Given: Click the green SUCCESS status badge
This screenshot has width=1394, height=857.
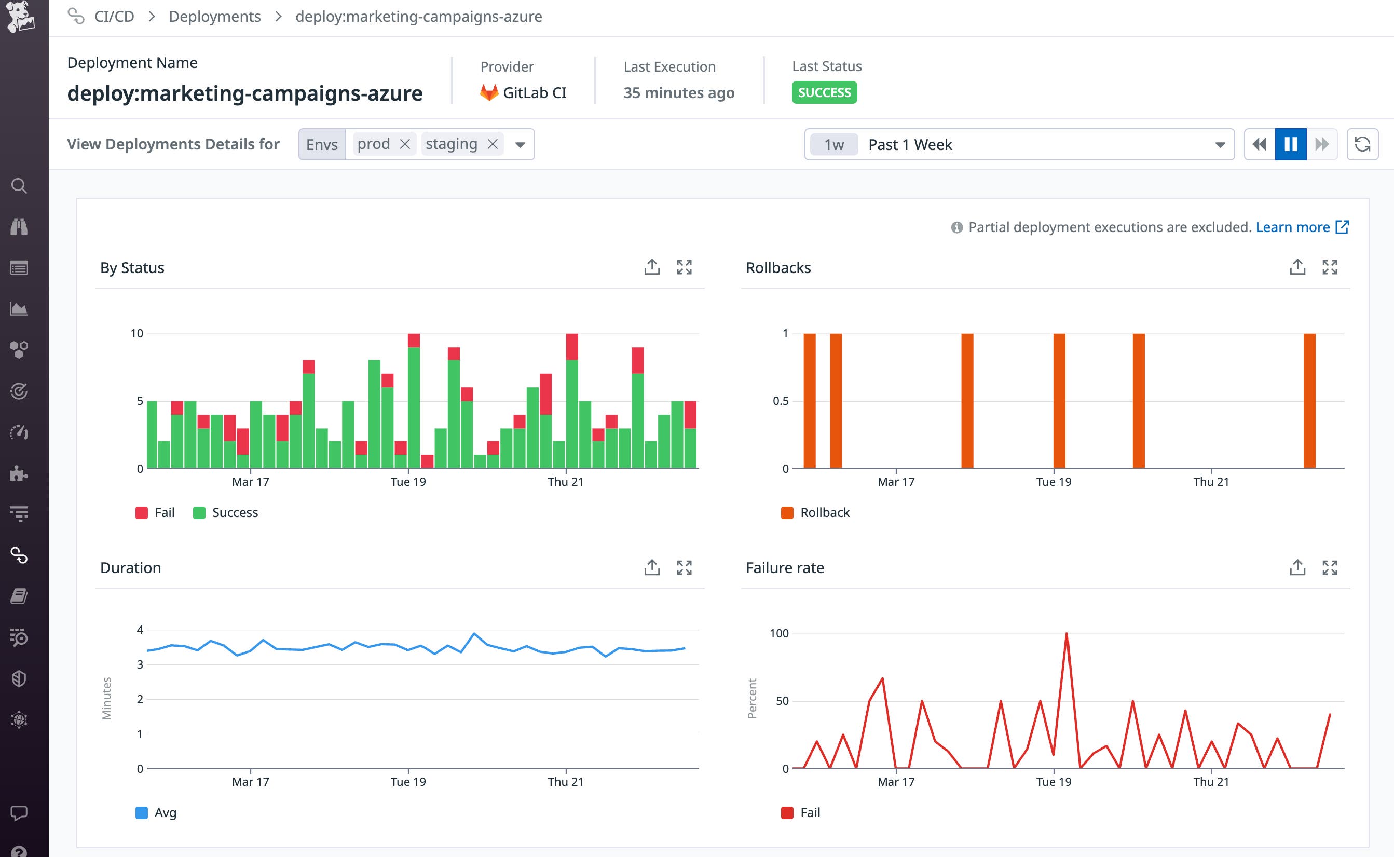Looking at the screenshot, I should pyautogui.click(x=824, y=92).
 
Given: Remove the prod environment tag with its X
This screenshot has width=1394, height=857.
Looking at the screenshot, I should pyautogui.click(x=405, y=144).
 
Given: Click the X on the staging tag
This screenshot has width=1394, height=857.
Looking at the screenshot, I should pyautogui.click(x=493, y=144).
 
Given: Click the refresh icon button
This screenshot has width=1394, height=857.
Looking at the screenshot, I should pyautogui.click(x=1362, y=144).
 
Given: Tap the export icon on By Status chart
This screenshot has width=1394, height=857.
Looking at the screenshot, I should pyautogui.click(x=652, y=267).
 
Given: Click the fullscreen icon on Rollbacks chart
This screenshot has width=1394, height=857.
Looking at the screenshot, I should pyautogui.click(x=1330, y=267).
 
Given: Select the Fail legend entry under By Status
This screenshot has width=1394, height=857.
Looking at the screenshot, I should pyautogui.click(x=155, y=512).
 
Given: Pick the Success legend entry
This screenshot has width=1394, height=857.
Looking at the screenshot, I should pyautogui.click(x=226, y=512).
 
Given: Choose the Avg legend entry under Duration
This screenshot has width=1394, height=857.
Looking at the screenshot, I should pyautogui.click(x=156, y=812).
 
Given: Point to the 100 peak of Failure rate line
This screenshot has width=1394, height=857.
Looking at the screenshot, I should pyautogui.click(x=1067, y=634).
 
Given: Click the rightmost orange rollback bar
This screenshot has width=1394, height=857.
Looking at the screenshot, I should pyautogui.click(x=1309, y=400).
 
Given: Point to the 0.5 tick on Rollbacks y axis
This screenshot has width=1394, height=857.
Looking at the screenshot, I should pyautogui.click(x=781, y=401).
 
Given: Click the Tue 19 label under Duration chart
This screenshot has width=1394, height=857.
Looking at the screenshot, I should pyautogui.click(x=408, y=782).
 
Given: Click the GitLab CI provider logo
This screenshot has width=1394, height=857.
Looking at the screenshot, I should pyautogui.click(x=489, y=92).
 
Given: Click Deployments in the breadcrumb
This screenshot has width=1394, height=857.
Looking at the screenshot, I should pyautogui.click(x=215, y=17).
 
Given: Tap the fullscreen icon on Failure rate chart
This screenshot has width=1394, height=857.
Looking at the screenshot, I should pyautogui.click(x=1330, y=567).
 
